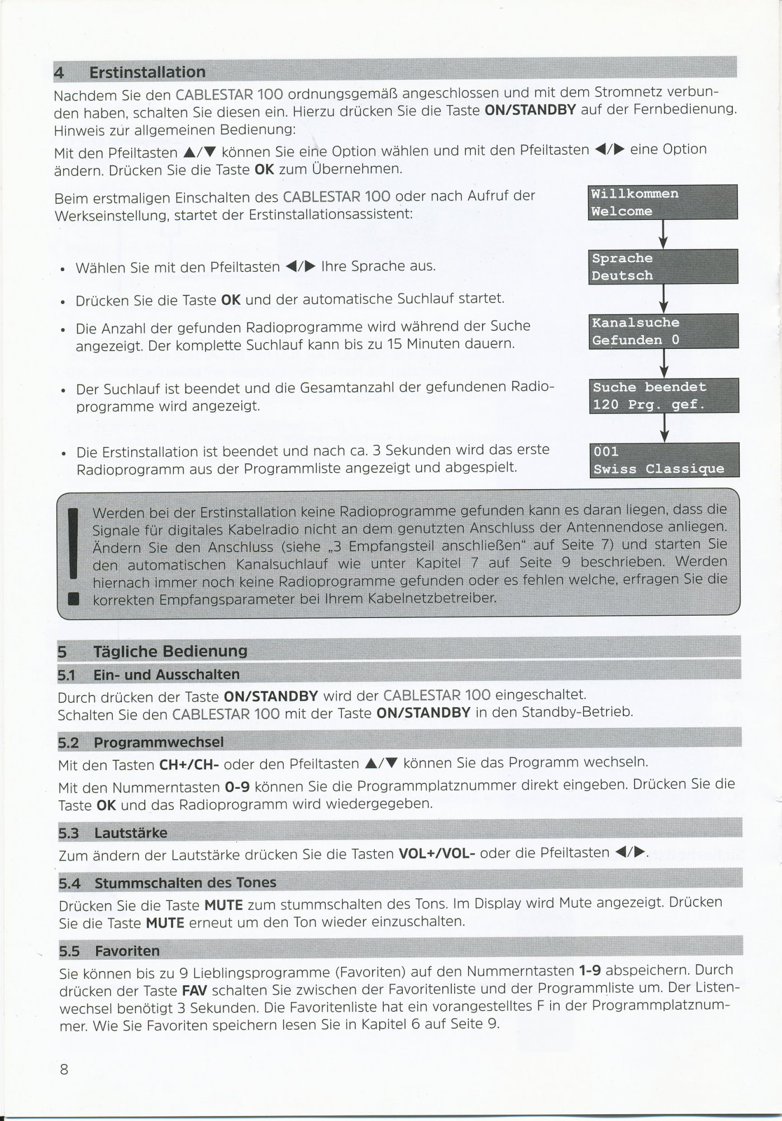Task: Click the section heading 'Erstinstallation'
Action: (x=147, y=73)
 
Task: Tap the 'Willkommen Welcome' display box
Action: (x=662, y=202)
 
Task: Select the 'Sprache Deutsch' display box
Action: (x=663, y=267)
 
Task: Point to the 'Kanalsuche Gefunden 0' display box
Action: (x=663, y=331)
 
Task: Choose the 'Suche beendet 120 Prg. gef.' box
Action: (x=664, y=395)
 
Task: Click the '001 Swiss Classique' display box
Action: (x=664, y=460)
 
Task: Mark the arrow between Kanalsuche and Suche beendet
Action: (x=664, y=363)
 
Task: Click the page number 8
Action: (x=64, y=1069)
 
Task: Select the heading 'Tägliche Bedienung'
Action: (x=170, y=651)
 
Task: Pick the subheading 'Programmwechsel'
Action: (x=159, y=742)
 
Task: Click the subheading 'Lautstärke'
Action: (x=131, y=833)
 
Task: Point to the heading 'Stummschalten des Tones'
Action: (x=185, y=883)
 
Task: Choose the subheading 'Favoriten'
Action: (x=127, y=951)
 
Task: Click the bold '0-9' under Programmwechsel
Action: (x=236, y=787)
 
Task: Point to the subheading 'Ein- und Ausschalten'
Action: (x=166, y=674)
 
